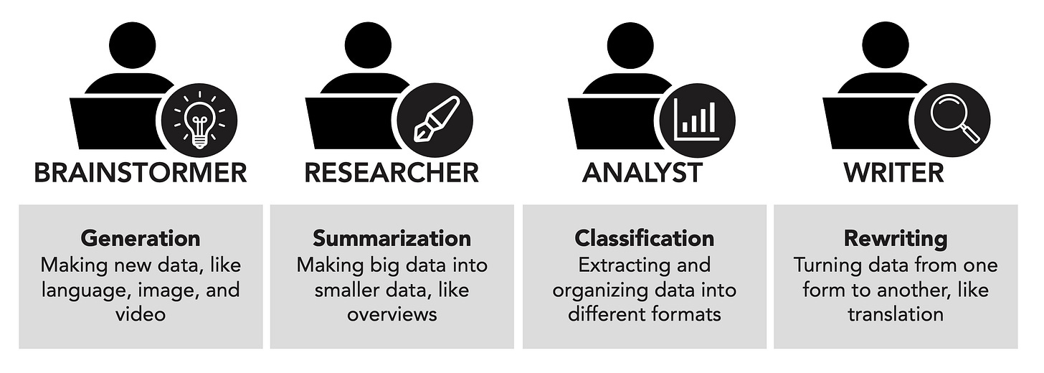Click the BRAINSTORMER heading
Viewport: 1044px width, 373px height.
click(141, 173)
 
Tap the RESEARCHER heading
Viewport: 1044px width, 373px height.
click(391, 173)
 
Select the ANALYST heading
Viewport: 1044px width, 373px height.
click(642, 173)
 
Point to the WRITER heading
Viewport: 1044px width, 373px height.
click(893, 173)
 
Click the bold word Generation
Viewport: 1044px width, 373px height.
click(141, 237)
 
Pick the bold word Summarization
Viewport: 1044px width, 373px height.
click(391, 237)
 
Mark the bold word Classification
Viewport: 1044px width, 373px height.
click(644, 237)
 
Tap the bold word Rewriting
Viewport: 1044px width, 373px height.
click(895, 237)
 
